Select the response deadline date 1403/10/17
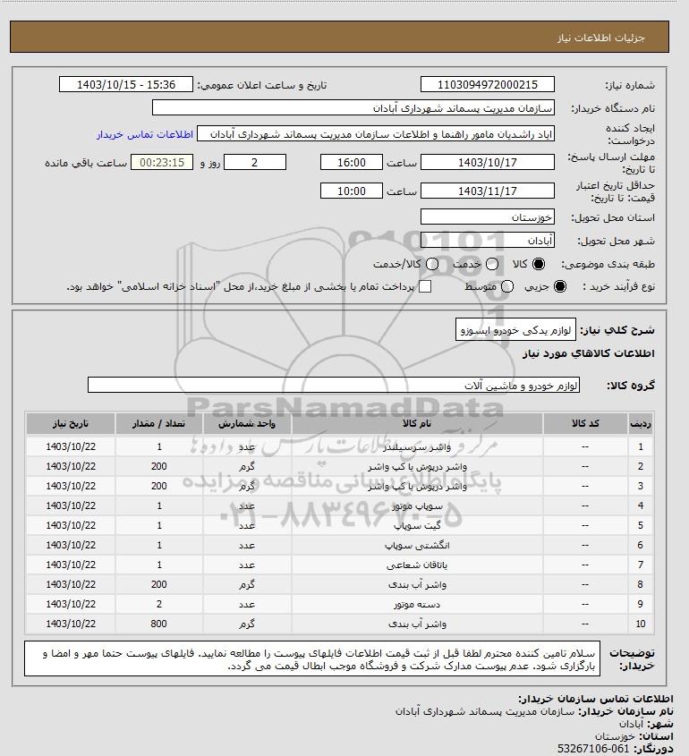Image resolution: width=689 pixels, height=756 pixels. pos(487,163)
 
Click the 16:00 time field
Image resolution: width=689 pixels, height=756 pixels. pos(351,163)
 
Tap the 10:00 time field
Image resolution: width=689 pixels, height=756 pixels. pos(351,191)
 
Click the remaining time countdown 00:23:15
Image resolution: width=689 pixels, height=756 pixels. pos(162,163)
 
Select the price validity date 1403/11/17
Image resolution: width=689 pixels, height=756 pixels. pos(487,191)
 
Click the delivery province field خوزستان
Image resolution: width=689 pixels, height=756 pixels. pos(487,217)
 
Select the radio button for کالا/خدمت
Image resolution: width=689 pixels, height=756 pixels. pos(434,266)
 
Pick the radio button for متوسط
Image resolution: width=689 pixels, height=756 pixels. pos(508,286)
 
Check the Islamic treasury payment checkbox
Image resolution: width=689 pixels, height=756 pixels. pos(426,286)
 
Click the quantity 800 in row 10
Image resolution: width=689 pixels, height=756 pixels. pos(159,624)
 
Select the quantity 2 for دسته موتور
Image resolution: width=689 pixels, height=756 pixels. pos(159,604)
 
